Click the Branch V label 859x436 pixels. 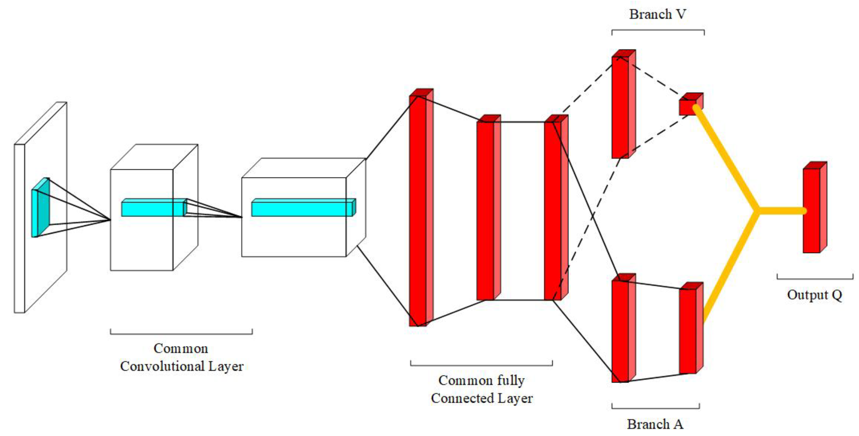click(x=657, y=14)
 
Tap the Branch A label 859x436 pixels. click(x=655, y=424)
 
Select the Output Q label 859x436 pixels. click(x=814, y=295)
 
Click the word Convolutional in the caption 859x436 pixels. click(x=162, y=367)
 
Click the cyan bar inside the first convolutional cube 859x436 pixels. click(x=153, y=208)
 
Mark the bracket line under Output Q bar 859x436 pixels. click(x=815, y=279)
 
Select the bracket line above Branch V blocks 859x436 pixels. click(x=658, y=30)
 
